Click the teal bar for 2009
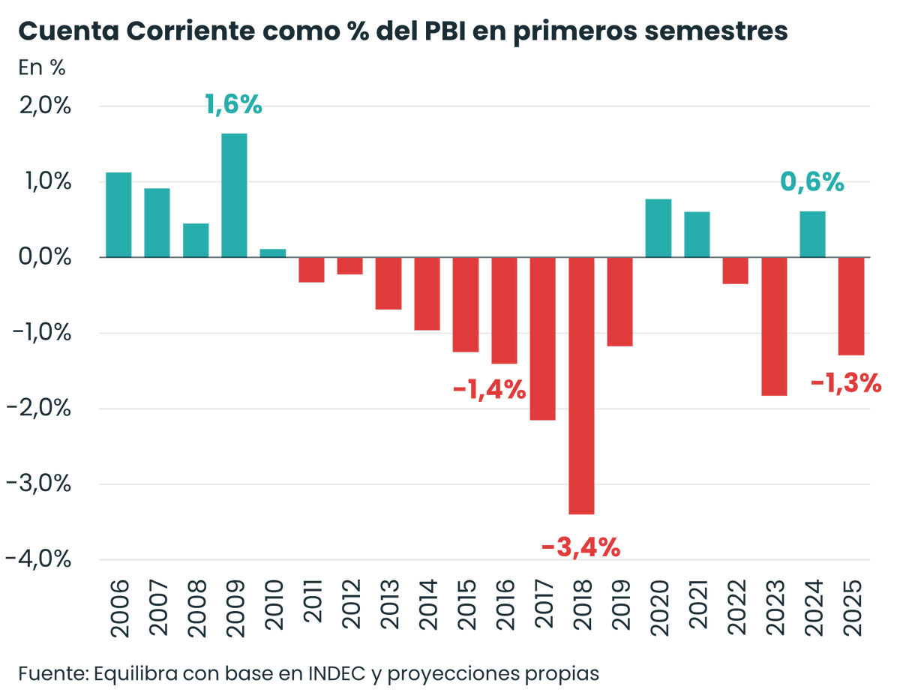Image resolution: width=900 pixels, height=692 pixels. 234,196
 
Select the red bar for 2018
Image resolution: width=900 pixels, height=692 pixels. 581,385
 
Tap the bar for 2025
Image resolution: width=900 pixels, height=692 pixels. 851,306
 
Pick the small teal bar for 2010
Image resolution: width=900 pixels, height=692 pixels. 273,253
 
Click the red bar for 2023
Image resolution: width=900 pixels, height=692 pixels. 774,326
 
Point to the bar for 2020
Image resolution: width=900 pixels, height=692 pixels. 658,229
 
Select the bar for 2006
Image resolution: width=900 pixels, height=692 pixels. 118,215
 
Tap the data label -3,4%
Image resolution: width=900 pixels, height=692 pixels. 581,547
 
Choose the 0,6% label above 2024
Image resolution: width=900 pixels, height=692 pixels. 812,182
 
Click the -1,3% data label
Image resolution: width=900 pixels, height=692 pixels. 846,384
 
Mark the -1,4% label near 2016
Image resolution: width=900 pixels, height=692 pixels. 490,390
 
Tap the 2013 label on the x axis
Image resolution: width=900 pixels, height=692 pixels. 388,608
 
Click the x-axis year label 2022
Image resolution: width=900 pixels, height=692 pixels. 736,608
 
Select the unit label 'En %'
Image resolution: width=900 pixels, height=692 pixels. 42,67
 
